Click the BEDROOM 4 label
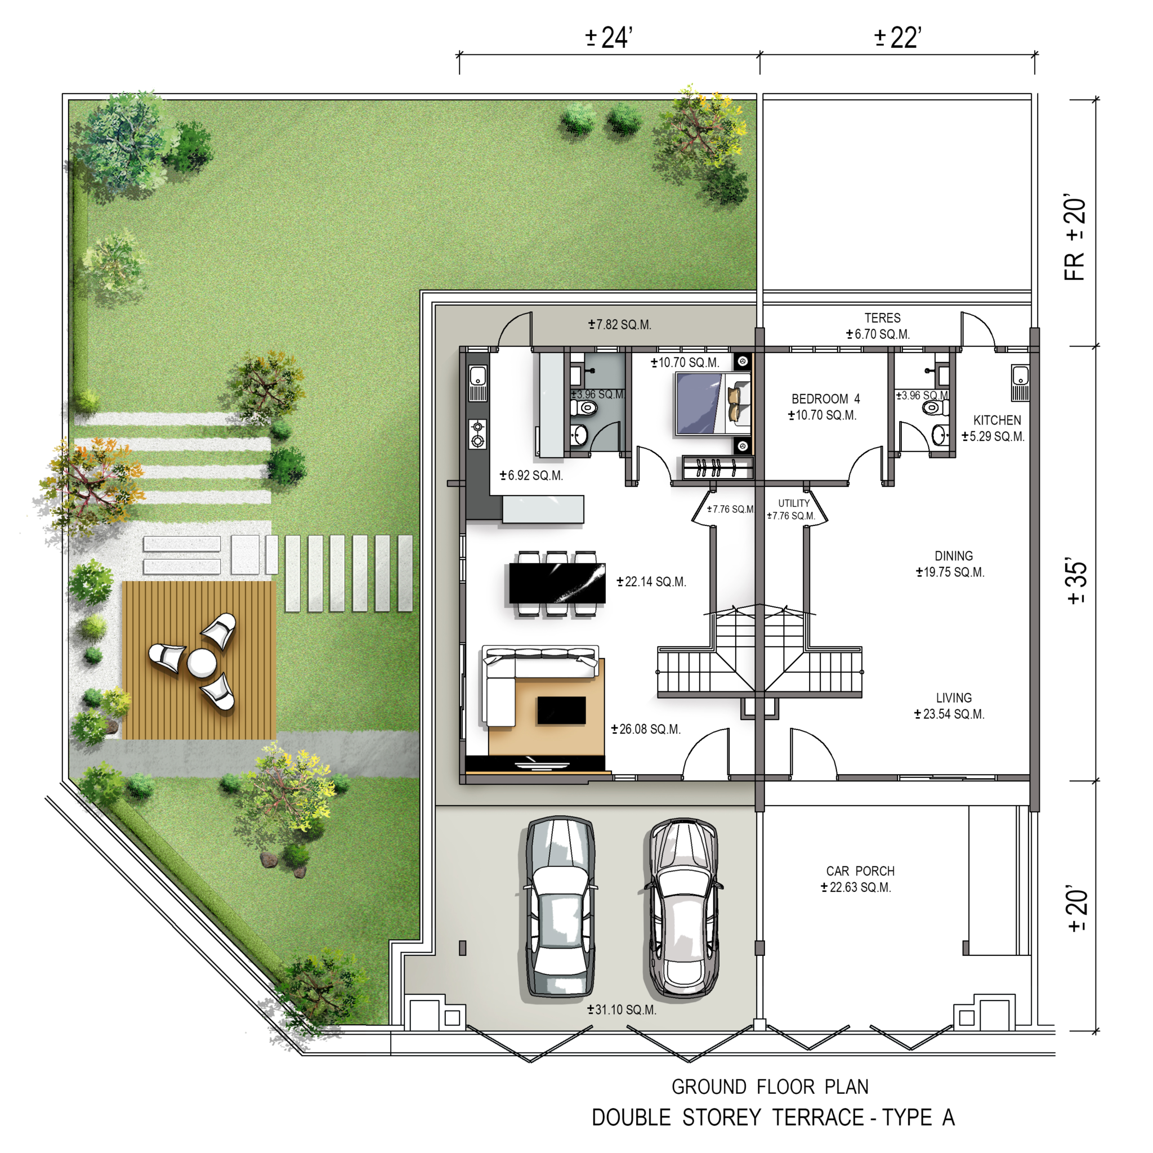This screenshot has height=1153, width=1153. point(825,399)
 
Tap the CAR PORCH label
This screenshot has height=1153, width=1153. point(860,871)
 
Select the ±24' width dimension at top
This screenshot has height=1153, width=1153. point(608,38)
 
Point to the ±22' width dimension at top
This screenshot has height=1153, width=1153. point(897,38)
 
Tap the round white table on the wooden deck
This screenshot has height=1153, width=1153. point(202,663)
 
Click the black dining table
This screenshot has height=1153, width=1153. point(557,583)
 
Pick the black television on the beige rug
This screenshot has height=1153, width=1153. point(561,710)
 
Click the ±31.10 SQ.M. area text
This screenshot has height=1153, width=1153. point(622,1009)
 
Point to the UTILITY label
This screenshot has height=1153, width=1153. point(794,503)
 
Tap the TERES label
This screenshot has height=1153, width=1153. point(882,318)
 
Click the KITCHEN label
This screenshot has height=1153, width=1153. point(996,420)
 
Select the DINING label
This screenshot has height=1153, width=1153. point(953,556)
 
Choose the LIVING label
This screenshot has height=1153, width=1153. point(954,698)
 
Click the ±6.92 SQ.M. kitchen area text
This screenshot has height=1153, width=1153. point(531,475)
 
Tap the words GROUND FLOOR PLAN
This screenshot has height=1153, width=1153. point(770,1087)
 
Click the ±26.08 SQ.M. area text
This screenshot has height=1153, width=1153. point(646,729)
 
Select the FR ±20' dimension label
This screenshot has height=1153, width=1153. point(1075,237)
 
